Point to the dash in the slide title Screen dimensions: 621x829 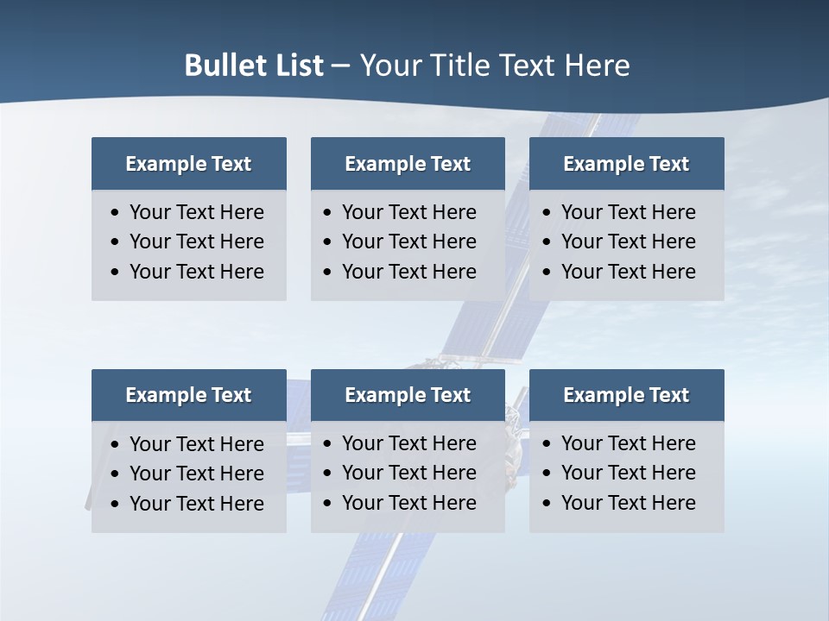[340, 66]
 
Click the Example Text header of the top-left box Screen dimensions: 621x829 [188, 164]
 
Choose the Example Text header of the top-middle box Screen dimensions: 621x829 [408, 164]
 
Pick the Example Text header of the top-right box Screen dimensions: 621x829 [626, 164]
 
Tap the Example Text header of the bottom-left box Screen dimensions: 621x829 [188, 395]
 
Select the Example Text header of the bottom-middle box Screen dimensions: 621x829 [408, 395]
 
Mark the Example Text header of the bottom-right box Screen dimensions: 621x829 [626, 395]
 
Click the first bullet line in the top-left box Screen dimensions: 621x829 [196, 212]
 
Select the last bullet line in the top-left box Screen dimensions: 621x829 [196, 272]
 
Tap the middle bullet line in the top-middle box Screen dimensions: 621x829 [408, 241]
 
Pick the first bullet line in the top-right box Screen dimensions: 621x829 [628, 212]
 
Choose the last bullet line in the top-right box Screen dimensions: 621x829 [628, 272]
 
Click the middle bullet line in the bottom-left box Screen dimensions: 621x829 [196, 474]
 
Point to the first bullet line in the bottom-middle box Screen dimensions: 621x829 [408, 443]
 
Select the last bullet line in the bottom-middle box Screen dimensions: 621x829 [408, 503]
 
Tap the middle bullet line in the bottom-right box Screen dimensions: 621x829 [628, 473]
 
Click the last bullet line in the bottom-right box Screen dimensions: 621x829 [628, 503]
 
